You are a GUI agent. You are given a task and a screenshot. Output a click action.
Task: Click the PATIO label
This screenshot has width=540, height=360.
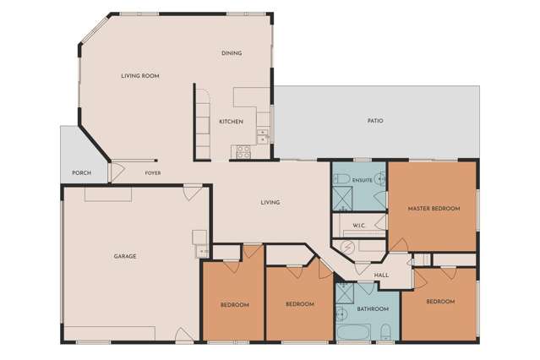click(x=375, y=121)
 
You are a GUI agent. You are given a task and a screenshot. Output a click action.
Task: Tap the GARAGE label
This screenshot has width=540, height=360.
click(x=125, y=256)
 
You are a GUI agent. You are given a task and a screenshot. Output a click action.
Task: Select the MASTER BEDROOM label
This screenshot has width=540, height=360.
click(x=434, y=209)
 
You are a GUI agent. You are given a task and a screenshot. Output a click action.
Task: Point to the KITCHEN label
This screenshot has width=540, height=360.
click(x=231, y=122)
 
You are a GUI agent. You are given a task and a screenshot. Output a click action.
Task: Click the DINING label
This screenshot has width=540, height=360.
click(x=232, y=53)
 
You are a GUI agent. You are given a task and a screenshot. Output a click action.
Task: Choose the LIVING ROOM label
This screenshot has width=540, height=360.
click(x=140, y=76)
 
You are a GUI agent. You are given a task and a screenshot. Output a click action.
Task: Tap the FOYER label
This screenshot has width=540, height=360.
click(x=153, y=173)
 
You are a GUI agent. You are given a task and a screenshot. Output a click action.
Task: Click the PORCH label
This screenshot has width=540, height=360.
click(x=82, y=173)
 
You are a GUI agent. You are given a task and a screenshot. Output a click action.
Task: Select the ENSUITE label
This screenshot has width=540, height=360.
click(x=363, y=180)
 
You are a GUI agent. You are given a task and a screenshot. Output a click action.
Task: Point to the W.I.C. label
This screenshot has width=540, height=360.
click(x=358, y=226)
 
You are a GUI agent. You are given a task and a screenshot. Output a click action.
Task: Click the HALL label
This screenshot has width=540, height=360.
click(x=381, y=275)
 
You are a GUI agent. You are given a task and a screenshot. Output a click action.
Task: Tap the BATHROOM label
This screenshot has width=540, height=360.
click(x=373, y=309)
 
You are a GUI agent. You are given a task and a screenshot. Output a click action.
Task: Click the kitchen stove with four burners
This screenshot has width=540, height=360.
click(x=243, y=152)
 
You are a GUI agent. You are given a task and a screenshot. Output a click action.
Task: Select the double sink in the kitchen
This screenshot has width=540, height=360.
click(x=263, y=136)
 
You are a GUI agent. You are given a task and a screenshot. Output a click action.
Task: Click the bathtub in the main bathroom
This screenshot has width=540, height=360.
click(x=354, y=332)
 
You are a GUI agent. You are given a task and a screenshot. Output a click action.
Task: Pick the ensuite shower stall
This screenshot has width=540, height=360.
click(x=342, y=199)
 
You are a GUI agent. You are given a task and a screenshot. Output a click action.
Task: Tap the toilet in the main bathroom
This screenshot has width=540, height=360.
click(x=385, y=333)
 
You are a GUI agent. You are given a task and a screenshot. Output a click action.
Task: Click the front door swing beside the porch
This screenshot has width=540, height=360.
click(x=117, y=172)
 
